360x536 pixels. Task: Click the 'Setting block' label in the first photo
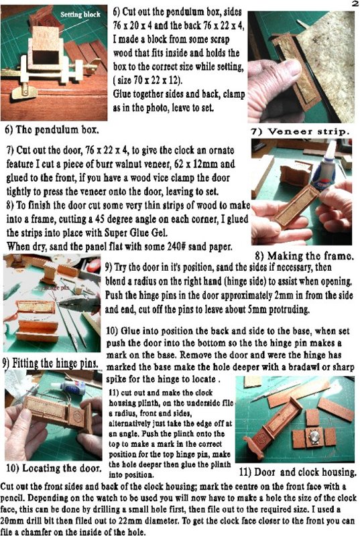tap(80, 14)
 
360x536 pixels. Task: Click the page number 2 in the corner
tap(354, 4)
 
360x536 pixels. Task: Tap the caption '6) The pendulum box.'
tap(52, 129)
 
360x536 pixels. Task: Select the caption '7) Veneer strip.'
tap(300, 131)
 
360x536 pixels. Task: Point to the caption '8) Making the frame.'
tap(304, 256)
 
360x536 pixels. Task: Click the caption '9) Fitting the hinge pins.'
tap(50, 363)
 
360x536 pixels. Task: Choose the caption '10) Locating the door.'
tap(54, 468)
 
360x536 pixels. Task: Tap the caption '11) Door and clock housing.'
tap(298, 472)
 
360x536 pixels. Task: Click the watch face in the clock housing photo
tap(314, 438)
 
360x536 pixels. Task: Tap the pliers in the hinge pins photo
tap(79, 304)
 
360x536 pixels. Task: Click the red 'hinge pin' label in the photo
tap(57, 287)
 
